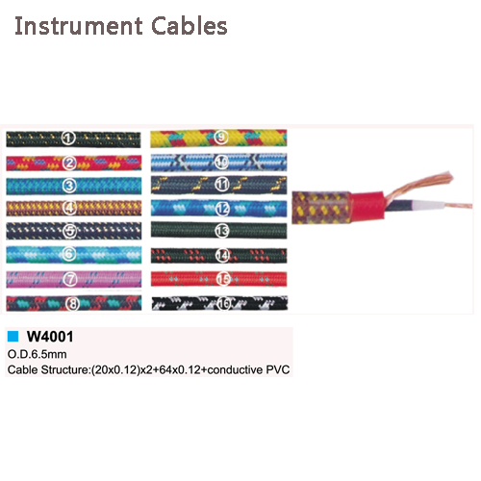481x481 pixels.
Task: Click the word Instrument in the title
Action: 79,26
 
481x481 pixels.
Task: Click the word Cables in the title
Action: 190,26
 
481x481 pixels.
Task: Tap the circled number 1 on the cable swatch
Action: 68,139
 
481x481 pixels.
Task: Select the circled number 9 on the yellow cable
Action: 221,138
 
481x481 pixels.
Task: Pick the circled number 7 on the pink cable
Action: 70,279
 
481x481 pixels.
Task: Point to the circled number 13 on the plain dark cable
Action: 222,230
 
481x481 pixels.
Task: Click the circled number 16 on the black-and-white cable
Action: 224,303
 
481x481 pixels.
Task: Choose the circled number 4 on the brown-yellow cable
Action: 69,209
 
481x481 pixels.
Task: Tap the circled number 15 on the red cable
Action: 223,279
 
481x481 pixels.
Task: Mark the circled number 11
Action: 222,185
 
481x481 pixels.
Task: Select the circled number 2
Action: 69,164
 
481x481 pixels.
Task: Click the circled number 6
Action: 69,254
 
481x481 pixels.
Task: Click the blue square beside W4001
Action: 13,337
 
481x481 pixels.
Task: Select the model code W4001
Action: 50,337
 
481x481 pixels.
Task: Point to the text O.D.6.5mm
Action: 38,354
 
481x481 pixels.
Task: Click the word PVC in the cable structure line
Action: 278,369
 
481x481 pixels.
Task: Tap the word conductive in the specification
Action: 235,369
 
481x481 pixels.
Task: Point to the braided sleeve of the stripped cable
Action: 321,208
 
